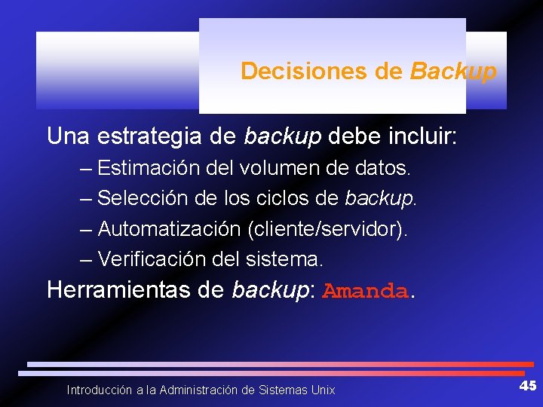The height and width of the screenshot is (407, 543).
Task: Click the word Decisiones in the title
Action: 304,72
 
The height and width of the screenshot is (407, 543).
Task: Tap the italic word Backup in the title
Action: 453,72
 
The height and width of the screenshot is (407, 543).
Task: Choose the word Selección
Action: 143,198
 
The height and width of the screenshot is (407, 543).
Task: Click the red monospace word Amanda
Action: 365,292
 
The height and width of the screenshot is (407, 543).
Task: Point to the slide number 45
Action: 527,386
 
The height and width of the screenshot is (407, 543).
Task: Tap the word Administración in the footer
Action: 198,390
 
